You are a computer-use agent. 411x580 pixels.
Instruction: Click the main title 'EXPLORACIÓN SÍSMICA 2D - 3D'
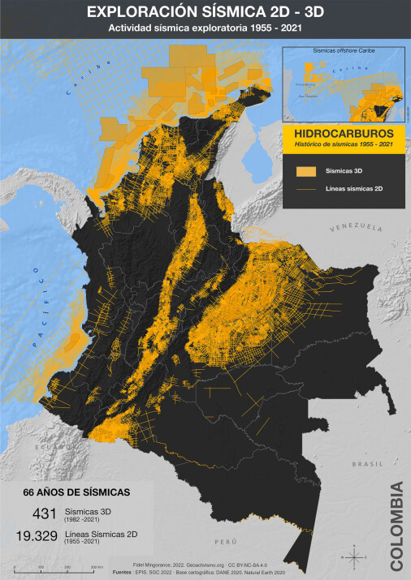point(205,12)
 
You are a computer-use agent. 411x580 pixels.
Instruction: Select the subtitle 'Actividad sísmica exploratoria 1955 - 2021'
point(205,29)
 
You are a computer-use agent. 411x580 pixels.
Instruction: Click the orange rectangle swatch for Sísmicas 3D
point(305,171)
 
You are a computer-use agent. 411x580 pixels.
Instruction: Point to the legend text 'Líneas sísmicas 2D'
point(354,188)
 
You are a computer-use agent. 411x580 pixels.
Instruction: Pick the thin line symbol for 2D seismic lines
point(305,188)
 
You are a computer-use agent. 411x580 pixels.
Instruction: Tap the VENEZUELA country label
point(355,229)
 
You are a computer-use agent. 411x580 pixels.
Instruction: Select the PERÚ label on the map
point(236,539)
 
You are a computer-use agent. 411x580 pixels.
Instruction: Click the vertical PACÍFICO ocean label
point(39,308)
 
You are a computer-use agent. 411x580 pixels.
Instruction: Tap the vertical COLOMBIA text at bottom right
point(396,525)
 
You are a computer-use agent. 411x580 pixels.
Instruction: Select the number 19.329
point(37,535)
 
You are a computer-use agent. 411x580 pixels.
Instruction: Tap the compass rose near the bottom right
point(356,556)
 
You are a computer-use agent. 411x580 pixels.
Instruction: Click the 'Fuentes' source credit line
point(205,571)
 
